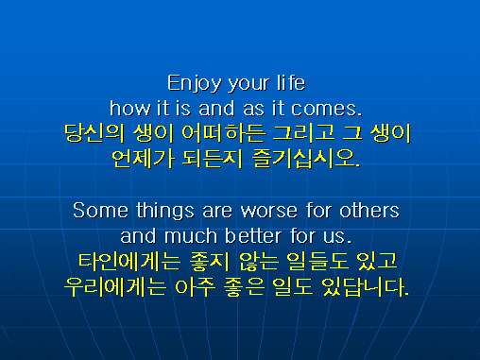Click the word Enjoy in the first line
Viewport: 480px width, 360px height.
click(x=194, y=83)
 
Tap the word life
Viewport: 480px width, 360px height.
click(x=291, y=83)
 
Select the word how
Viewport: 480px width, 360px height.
click(x=130, y=108)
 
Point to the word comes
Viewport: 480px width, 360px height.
click(x=326, y=109)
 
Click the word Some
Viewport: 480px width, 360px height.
click(x=101, y=210)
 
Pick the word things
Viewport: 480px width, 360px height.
click(x=165, y=211)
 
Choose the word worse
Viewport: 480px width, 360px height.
click(x=269, y=211)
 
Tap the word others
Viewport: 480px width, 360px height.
click(x=369, y=210)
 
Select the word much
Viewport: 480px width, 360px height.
click(x=191, y=235)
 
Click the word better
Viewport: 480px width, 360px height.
click(x=253, y=235)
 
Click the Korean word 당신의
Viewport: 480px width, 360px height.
click(x=94, y=133)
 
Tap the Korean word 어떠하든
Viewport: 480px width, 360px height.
click(x=224, y=133)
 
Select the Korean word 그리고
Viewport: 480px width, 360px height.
click(x=303, y=133)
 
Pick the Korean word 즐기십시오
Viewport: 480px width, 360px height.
click(x=306, y=159)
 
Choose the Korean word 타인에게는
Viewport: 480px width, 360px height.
click(x=129, y=262)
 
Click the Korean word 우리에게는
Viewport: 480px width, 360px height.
click(x=115, y=287)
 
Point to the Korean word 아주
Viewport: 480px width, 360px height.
click(x=196, y=287)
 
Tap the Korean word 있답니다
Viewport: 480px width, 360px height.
click(x=366, y=287)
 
